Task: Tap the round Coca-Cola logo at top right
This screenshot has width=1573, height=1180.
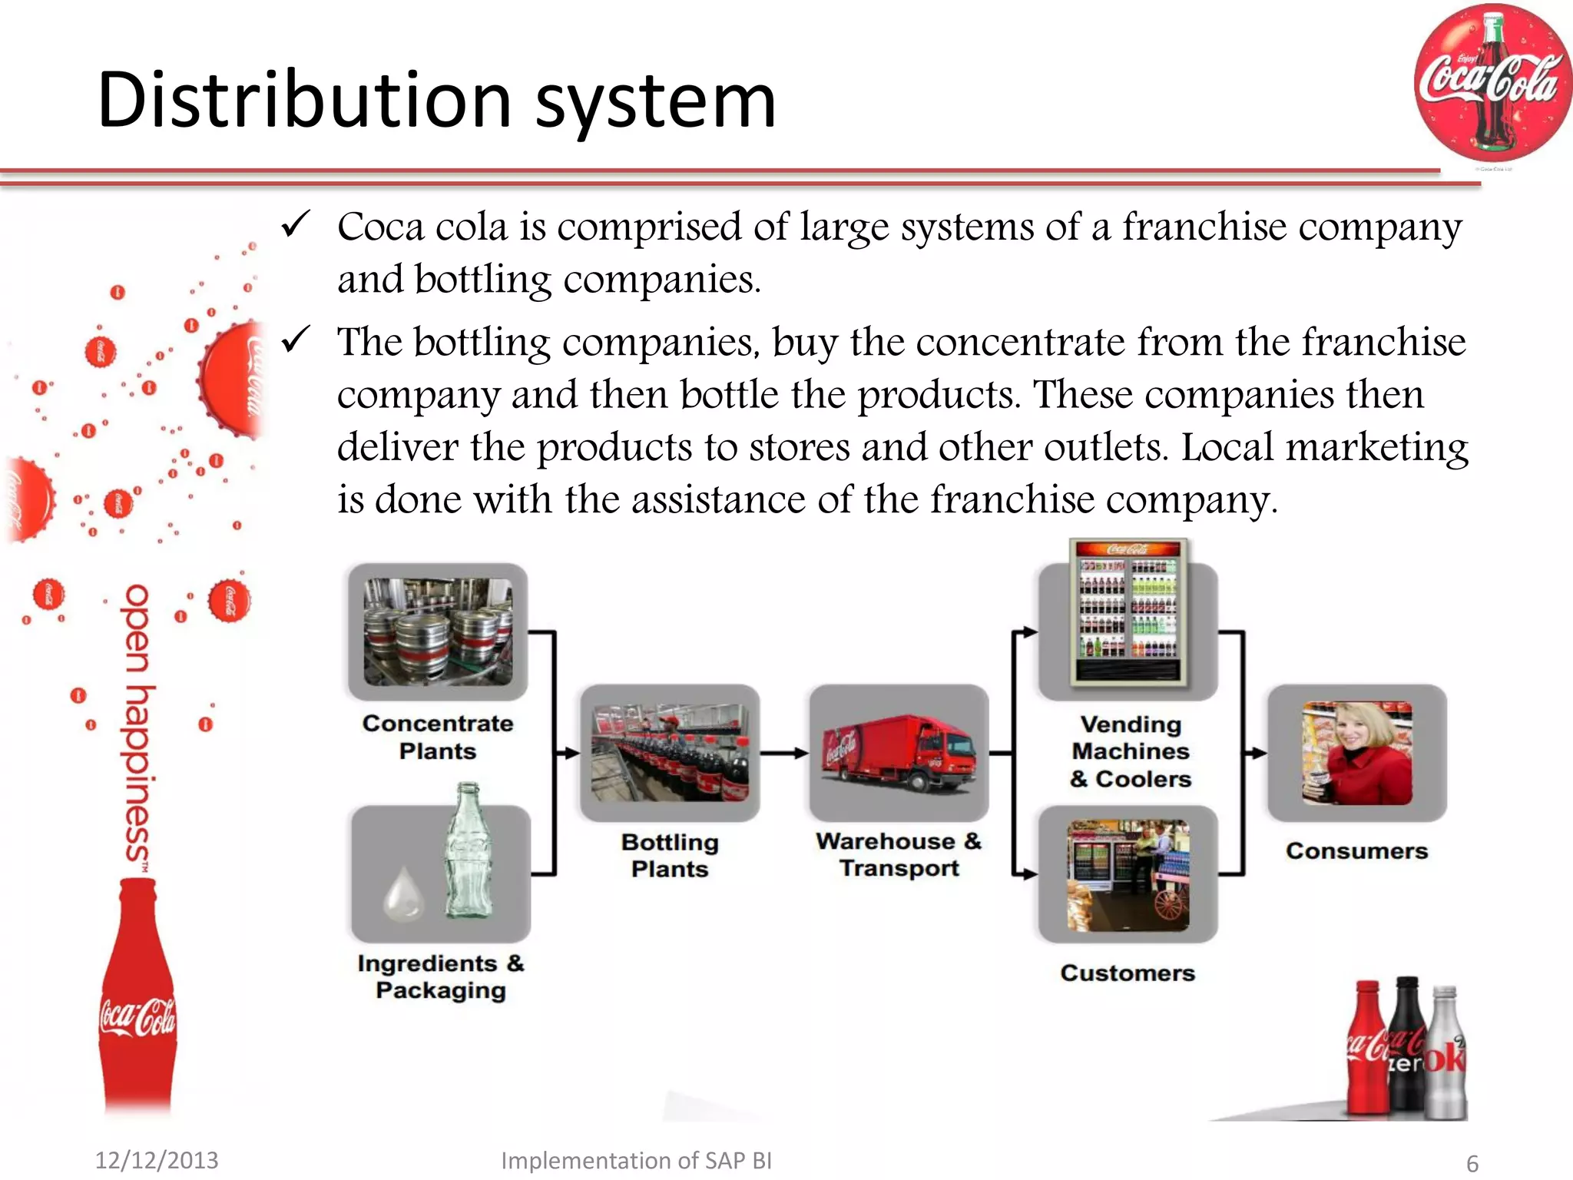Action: (1492, 83)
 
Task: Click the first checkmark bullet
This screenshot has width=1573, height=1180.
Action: (296, 224)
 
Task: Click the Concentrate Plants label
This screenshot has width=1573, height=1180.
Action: (438, 737)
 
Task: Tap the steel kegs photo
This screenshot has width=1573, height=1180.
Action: (438, 631)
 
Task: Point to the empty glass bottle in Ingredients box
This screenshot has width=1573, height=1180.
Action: (469, 853)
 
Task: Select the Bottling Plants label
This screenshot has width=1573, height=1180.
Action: (670, 855)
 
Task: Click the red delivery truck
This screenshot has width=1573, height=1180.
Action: (899, 753)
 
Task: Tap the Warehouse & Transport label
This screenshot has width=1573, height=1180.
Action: (899, 854)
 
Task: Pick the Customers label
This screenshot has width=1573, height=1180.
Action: (1128, 973)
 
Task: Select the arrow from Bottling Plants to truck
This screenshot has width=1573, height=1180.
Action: (783, 753)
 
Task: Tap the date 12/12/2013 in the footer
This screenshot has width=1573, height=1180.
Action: (157, 1160)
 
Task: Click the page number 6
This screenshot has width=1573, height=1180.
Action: (1472, 1163)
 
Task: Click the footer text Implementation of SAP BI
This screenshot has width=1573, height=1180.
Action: (636, 1160)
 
